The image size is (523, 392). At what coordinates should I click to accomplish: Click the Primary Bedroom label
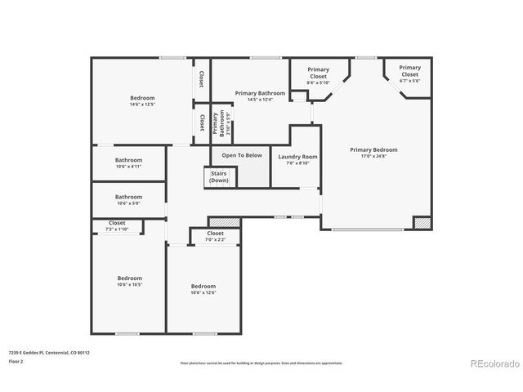(x=373, y=149)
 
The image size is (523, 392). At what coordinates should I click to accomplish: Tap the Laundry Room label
(x=297, y=156)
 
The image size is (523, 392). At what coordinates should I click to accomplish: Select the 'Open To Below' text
(x=242, y=155)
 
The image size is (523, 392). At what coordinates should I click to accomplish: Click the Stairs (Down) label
(x=219, y=176)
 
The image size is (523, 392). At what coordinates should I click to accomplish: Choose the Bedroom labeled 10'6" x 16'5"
(x=129, y=278)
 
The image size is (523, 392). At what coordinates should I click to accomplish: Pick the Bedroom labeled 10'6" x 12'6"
(x=203, y=286)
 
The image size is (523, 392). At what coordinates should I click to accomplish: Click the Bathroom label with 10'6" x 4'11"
(x=128, y=160)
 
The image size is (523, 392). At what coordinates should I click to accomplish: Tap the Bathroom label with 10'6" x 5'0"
(x=128, y=197)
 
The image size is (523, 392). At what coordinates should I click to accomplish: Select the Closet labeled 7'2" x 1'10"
(x=117, y=225)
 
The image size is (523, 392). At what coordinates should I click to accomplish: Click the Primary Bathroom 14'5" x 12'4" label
(x=260, y=96)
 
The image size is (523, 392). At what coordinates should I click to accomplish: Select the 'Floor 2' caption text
(x=16, y=360)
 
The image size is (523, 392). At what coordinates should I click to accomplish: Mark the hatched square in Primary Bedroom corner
(x=422, y=222)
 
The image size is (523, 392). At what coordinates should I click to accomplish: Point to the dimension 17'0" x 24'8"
(x=373, y=156)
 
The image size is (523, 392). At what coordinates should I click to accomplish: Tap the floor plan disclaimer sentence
(x=261, y=363)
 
